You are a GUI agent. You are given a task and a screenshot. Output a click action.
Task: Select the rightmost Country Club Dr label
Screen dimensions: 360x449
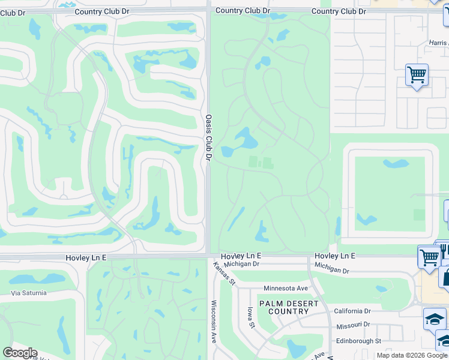339,11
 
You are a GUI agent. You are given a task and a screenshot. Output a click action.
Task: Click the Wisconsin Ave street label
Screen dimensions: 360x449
213,322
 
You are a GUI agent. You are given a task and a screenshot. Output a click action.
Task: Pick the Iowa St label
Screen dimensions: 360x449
251,317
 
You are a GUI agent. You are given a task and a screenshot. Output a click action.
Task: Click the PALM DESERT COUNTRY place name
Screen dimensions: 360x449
288,307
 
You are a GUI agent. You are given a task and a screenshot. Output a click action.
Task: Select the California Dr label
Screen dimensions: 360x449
352,311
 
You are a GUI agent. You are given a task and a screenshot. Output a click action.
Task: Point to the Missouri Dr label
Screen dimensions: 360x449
352,325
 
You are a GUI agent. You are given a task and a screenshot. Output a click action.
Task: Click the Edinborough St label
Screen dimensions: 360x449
358,341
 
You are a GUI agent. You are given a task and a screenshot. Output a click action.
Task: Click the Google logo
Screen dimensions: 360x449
20,353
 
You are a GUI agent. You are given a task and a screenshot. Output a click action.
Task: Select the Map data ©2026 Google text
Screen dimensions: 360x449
411,355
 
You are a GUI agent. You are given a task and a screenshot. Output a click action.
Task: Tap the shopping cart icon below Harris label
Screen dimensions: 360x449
417,75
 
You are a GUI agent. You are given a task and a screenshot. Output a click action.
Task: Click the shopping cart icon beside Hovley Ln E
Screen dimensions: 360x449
429,257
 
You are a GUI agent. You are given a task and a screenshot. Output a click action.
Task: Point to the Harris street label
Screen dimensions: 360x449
438,43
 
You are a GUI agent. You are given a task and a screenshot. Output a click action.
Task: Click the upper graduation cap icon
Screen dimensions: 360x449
434,319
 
